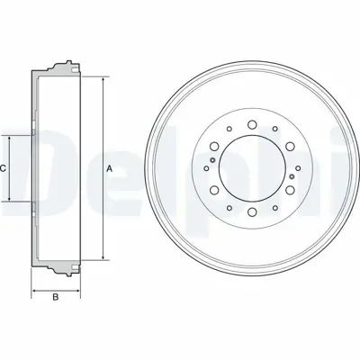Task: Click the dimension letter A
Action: (x=109, y=169)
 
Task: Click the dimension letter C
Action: (x=4, y=169)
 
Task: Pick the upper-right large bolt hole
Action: (x=289, y=145)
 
